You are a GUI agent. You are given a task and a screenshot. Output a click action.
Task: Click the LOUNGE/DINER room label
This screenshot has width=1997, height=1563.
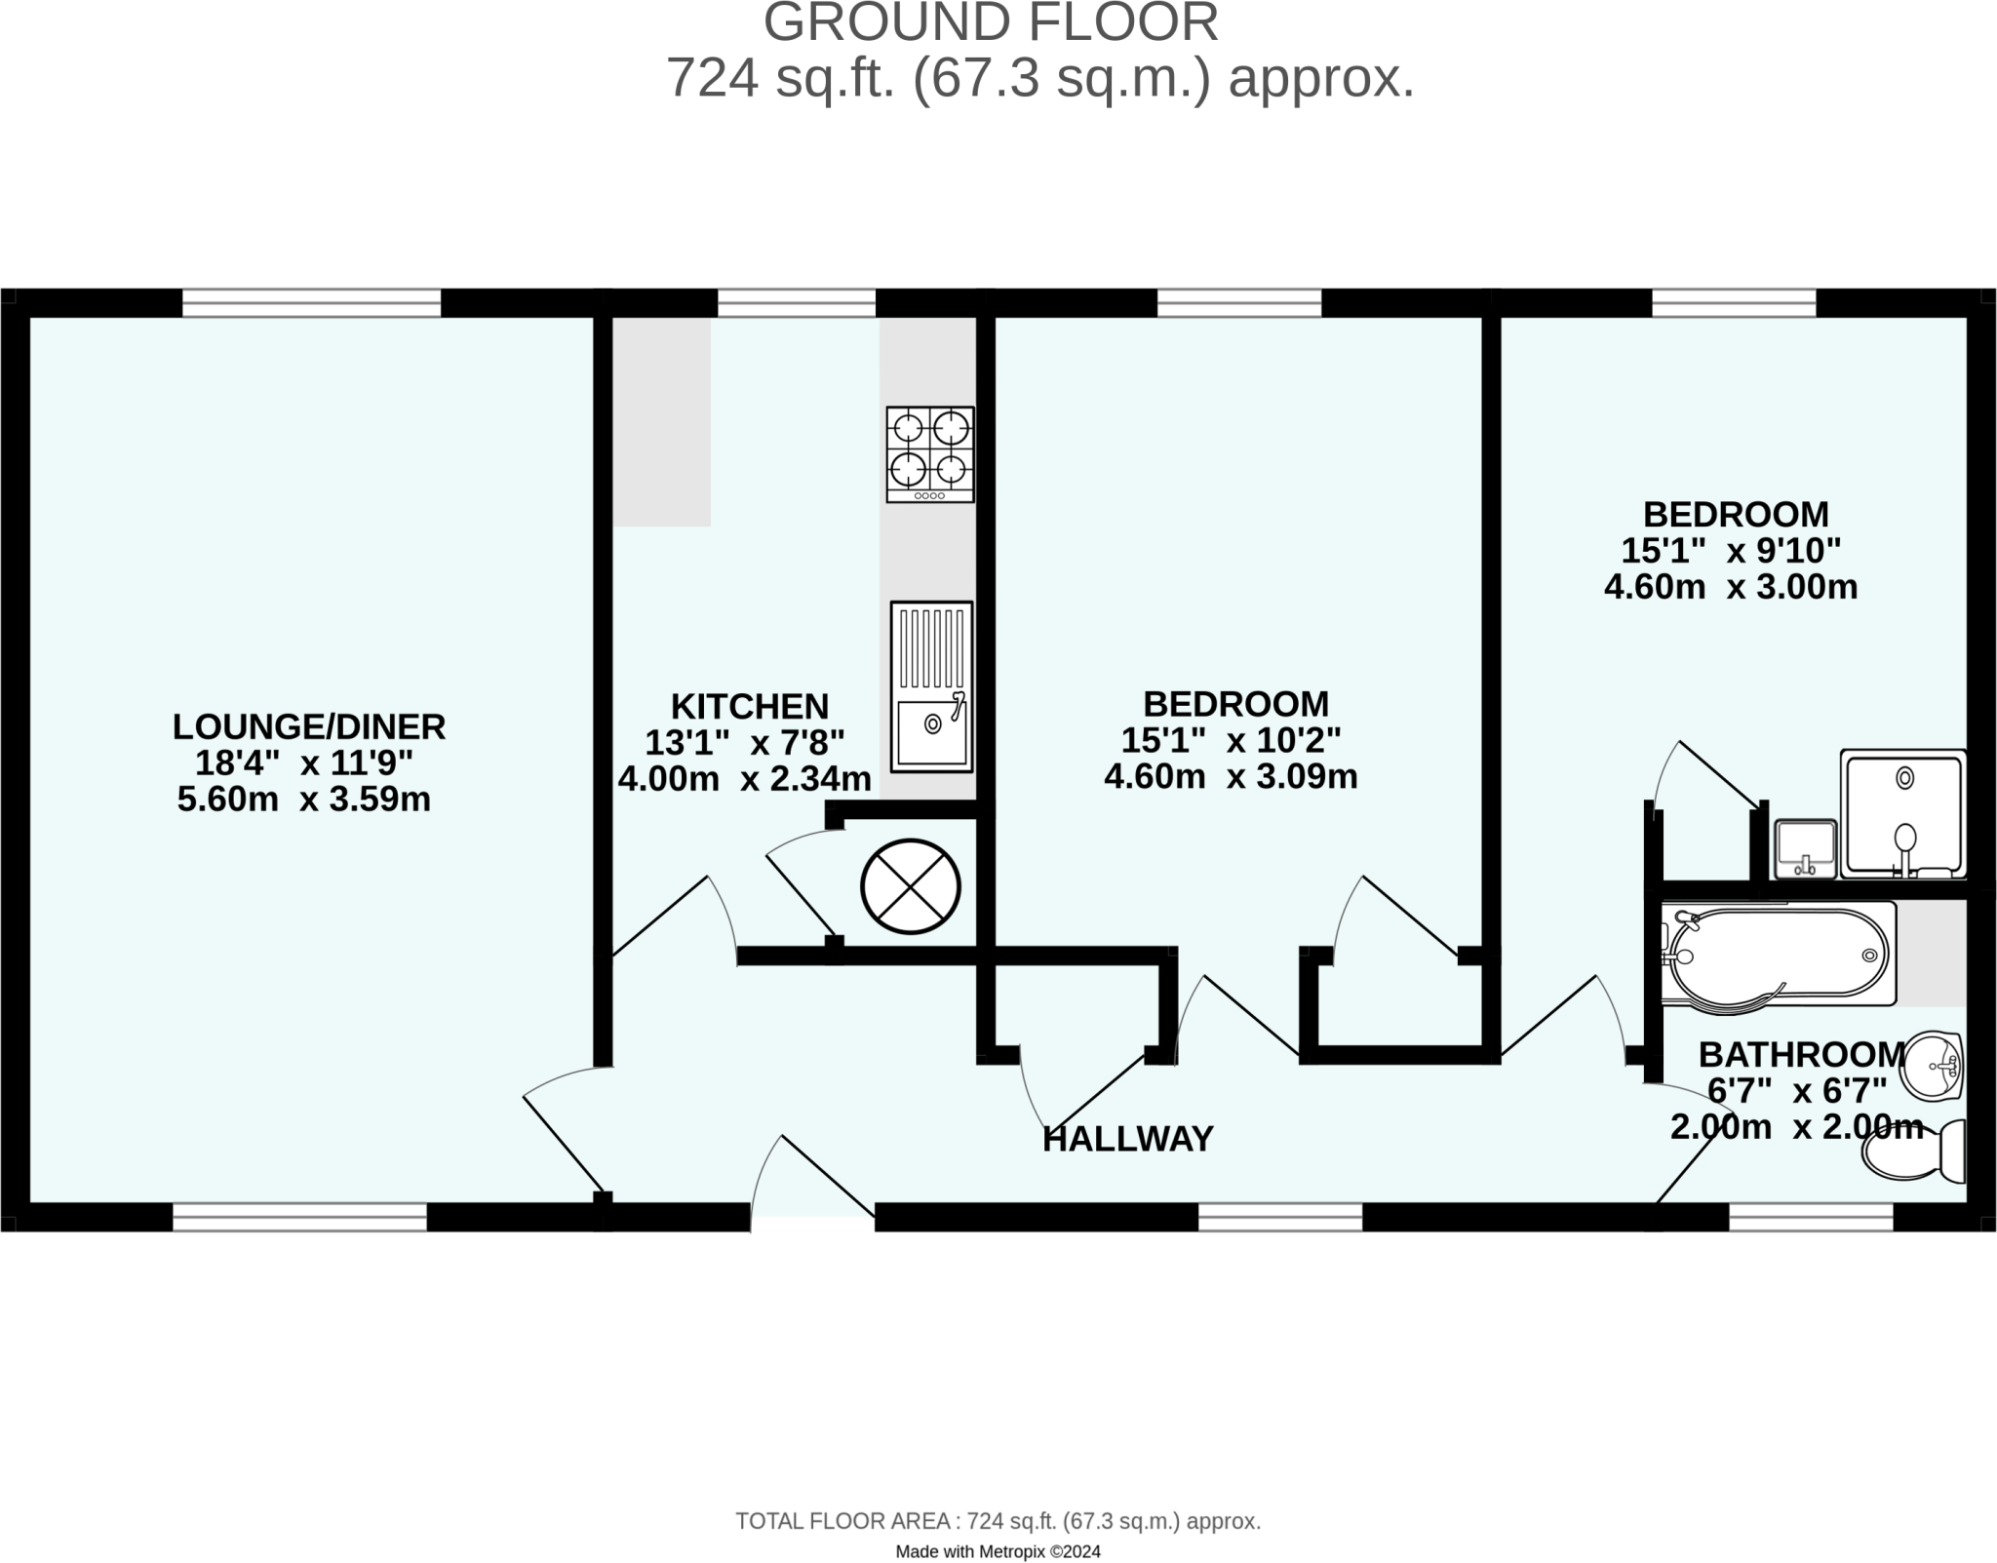coord(309,726)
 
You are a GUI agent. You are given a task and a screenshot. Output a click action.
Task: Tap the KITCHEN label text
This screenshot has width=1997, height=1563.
coord(749,706)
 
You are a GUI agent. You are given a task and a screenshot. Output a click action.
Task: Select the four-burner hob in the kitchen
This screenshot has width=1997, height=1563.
coord(929,454)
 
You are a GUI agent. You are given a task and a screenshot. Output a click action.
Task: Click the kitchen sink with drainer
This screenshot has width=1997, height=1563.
coord(931,686)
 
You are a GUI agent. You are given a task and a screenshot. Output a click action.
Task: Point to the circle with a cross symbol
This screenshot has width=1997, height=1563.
coord(910,886)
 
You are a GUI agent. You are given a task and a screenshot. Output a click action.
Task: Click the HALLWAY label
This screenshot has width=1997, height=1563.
coord(1127,1139)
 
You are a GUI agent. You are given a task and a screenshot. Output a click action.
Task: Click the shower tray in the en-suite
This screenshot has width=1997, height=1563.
coord(1902,813)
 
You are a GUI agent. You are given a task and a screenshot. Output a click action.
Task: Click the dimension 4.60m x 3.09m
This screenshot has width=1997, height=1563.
coord(1230,777)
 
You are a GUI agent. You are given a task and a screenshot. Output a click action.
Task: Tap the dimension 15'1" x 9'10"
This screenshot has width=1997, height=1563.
coord(1730,551)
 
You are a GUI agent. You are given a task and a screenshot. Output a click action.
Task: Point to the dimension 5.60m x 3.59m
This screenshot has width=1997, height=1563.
coord(303,800)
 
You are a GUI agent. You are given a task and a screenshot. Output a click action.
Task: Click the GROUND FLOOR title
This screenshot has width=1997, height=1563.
coord(990,23)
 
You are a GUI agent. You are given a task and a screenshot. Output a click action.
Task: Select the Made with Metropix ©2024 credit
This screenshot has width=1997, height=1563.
coord(998,1551)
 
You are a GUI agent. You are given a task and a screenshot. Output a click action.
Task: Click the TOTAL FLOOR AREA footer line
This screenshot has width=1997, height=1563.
coord(998,1521)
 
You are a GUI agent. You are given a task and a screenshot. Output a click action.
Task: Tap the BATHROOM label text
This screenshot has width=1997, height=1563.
coord(1801,1054)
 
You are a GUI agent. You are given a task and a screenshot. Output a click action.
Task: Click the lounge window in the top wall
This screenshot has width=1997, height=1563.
coord(311,303)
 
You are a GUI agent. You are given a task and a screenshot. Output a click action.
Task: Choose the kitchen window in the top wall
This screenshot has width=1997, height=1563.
coord(796,303)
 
